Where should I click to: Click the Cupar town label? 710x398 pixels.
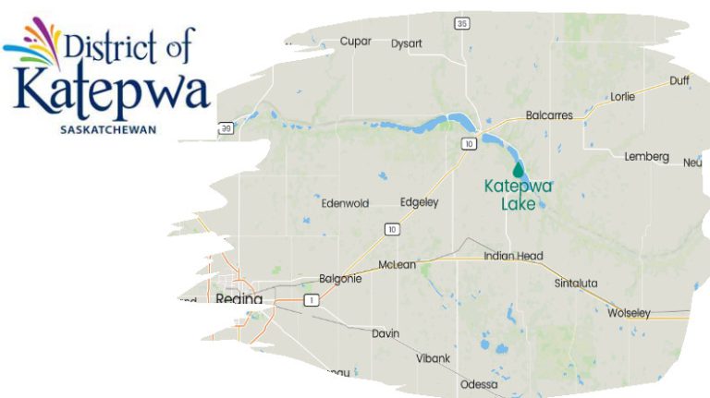(x=355, y=42)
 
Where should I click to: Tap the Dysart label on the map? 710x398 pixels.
(x=407, y=42)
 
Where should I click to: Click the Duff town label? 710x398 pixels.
(x=679, y=80)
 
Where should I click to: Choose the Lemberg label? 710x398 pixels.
(x=646, y=157)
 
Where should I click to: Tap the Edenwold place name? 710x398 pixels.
(x=345, y=203)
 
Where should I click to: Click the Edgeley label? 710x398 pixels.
(x=419, y=202)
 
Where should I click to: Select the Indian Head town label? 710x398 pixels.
(x=513, y=256)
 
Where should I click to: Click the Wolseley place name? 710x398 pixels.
(x=630, y=313)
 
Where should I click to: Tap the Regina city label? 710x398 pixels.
(x=239, y=299)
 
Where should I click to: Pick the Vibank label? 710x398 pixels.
(x=434, y=356)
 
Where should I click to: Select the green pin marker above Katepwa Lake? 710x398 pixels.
(x=518, y=169)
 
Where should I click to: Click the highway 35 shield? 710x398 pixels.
(x=463, y=22)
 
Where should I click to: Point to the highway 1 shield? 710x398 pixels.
(x=312, y=300)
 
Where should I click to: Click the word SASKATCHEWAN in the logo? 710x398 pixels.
(x=107, y=129)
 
